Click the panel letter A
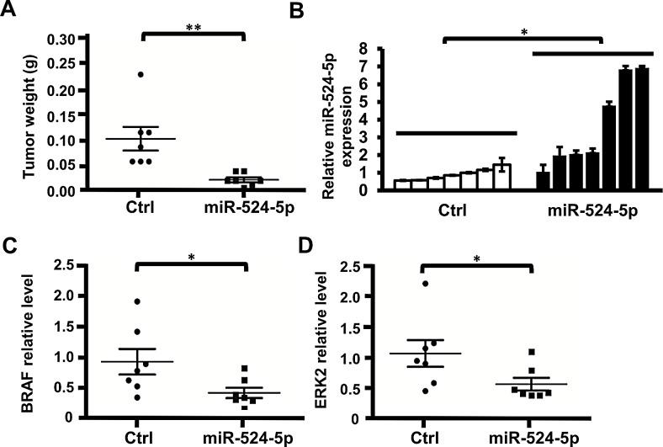coord(9,10)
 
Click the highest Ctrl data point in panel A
coord(141,75)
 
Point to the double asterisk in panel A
coord(192,26)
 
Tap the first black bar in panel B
coord(543,180)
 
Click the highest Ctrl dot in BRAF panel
coord(137,301)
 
